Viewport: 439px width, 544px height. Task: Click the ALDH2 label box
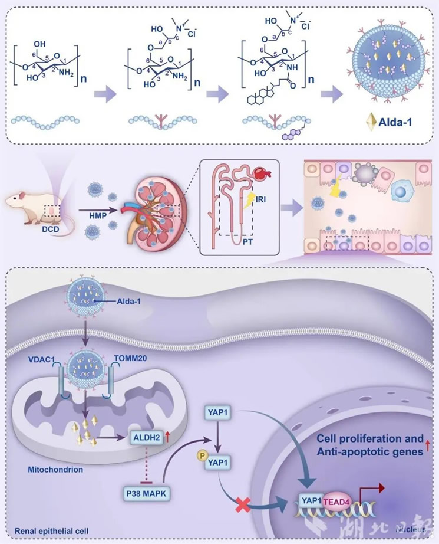tap(145, 437)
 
